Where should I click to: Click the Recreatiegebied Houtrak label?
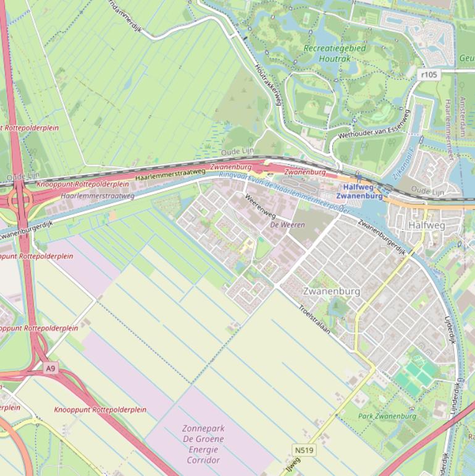tap(335, 53)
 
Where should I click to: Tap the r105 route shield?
tap(428, 75)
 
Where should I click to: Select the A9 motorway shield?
tap(51, 368)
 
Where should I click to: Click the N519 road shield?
tap(305, 451)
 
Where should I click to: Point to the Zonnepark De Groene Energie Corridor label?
tap(203, 444)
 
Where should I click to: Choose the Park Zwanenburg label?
tap(387, 416)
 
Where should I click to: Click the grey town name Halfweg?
tap(426, 226)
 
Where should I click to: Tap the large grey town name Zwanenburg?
tap(327, 291)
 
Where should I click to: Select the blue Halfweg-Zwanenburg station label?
tap(363, 191)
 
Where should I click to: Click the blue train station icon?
tap(358, 179)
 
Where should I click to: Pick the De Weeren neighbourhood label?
tap(287, 225)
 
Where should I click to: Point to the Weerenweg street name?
tap(260, 206)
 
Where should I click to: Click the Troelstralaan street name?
tap(314, 320)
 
